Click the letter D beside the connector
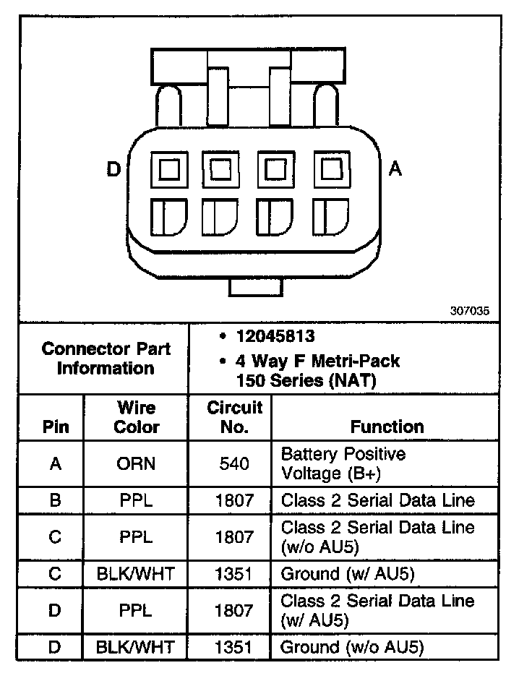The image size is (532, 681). coord(113,170)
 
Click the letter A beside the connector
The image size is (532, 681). coord(395,169)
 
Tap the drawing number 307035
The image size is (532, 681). coord(469,311)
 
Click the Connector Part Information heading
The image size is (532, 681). coord(106,358)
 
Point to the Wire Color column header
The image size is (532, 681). coord(136,417)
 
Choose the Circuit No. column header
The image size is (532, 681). coord(235,417)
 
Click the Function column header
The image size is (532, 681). coord(387,427)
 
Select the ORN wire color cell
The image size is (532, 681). coord(136,463)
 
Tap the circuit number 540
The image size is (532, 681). coord(235,463)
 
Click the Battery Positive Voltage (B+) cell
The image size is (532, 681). coord(343,463)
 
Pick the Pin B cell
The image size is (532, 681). coord(56,500)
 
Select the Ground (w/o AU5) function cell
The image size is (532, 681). coord(351,647)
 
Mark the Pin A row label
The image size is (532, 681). coord(56,463)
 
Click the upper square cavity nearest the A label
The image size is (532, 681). coord(330,171)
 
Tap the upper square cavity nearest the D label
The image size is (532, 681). coord(170,171)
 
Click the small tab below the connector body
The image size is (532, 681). coord(254,286)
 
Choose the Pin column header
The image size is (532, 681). coord(56,427)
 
